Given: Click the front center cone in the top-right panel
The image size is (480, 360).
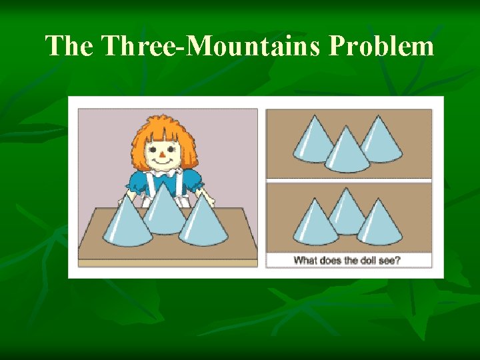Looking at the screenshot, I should coord(347,153).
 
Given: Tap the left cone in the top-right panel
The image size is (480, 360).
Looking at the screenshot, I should coord(313,141).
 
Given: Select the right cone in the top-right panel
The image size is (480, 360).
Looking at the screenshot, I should coord(381,141).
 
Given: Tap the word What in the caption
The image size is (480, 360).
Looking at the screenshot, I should coord(305,260).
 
